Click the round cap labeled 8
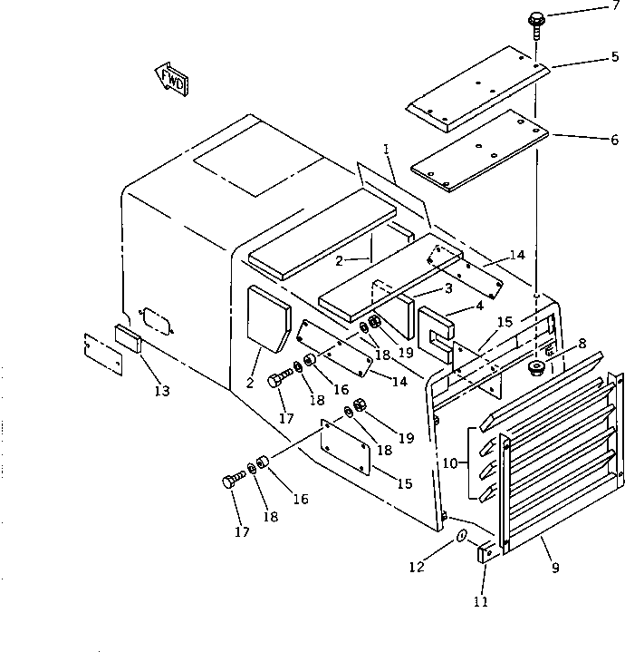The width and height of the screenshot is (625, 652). pos(535,368)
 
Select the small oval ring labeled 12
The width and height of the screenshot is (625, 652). pos(460,537)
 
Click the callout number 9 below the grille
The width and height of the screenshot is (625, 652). pos(555,569)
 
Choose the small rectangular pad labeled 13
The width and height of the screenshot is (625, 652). pos(127,339)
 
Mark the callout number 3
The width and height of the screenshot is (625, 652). pos(447,289)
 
